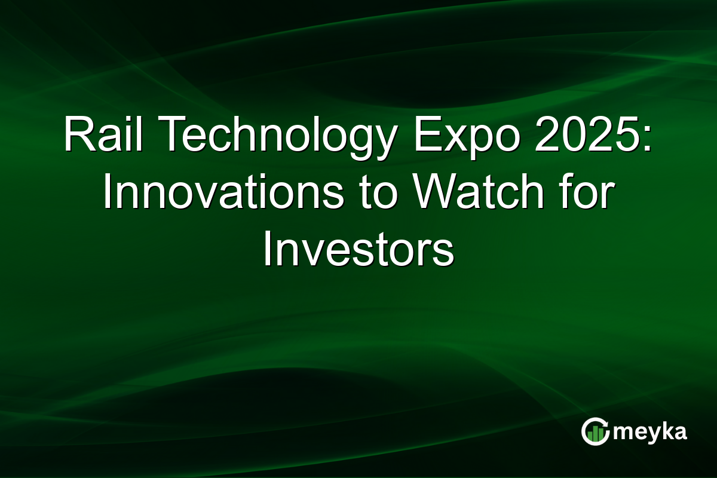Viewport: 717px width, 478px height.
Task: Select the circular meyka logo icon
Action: click(x=595, y=431)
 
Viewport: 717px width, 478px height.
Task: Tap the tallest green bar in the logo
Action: click(x=599, y=433)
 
